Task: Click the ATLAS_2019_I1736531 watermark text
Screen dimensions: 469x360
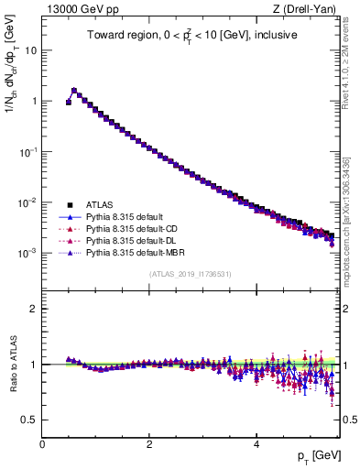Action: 191,274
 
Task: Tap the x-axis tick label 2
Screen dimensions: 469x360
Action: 149,442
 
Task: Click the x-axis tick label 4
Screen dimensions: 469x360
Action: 256,442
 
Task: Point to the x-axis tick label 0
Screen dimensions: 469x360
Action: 42,442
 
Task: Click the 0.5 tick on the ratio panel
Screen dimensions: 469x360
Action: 31,420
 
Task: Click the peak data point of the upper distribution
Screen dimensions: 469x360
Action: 74,91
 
